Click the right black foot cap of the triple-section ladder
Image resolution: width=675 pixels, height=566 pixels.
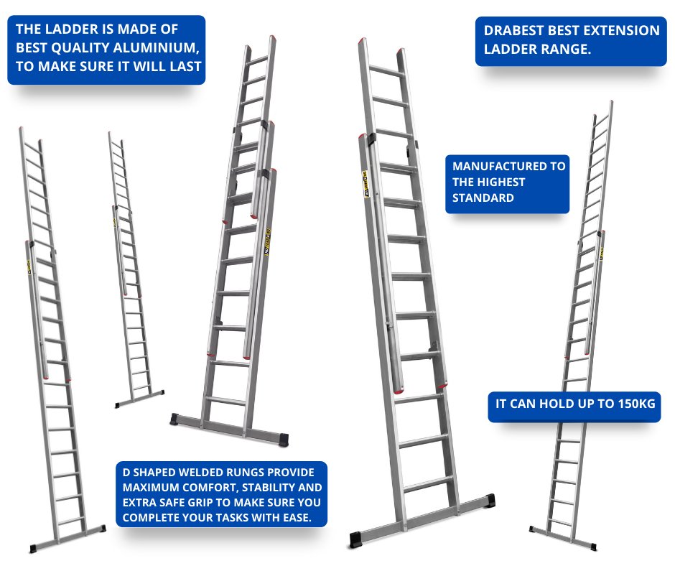[x=285, y=437]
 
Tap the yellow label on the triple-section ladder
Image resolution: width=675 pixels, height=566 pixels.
[x=267, y=250]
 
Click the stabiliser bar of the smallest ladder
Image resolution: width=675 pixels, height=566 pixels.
[x=141, y=398]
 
